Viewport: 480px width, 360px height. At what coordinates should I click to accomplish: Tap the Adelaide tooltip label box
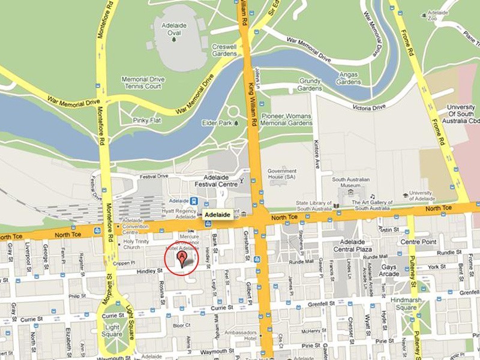coord(217,214)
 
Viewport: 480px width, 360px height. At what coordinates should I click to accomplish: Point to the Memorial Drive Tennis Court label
coord(142,83)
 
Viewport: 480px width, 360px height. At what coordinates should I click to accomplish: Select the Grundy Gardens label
coord(310,84)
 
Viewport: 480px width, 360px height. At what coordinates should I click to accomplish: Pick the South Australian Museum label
coord(355,182)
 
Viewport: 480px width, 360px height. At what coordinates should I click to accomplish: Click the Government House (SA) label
coord(282,174)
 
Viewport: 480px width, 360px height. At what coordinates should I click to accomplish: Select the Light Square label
coord(112,331)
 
